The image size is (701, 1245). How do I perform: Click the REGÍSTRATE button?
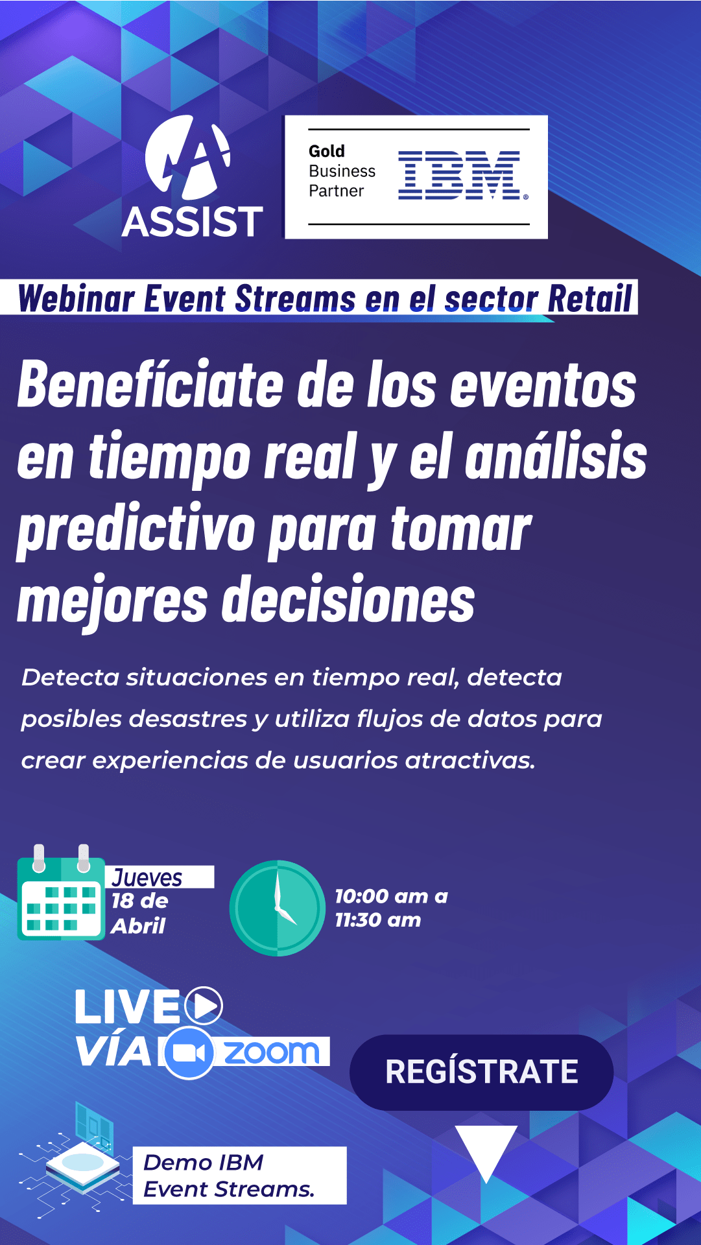click(481, 1072)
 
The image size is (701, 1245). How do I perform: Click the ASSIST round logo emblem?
click(188, 157)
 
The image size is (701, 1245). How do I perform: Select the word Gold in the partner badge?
click(327, 151)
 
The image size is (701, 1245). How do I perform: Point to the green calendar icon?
click(61, 892)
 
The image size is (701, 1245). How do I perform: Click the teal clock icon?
click(278, 908)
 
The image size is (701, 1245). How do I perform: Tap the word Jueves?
click(147, 878)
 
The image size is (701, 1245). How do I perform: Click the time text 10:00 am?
click(381, 896)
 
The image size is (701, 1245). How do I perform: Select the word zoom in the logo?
click(272, 1052)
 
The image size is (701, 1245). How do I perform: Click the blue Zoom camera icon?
click(189, 1053)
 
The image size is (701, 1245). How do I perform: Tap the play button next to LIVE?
click(204, 1006)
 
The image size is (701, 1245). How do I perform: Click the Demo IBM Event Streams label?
click(239, 1176)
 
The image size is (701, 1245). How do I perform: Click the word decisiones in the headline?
click(349, 600)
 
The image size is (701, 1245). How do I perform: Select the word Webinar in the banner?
click(77, 299)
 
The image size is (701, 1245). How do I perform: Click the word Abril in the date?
click(138, 926)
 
